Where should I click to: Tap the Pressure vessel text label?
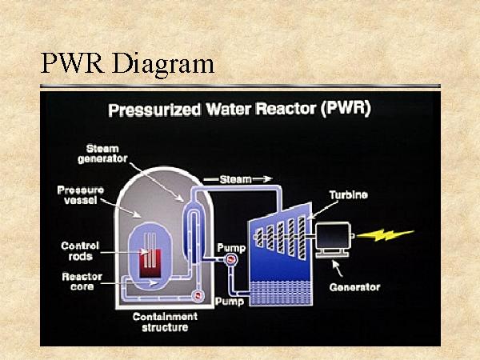(x=80, y=195)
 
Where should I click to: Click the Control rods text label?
(x=80, y=250)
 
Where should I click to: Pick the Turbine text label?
(x=349, y=195)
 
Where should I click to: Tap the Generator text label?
(x=354, y=286)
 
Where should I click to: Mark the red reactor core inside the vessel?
(x=150, y=263)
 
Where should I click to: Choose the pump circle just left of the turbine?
(x=230, y=259)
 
